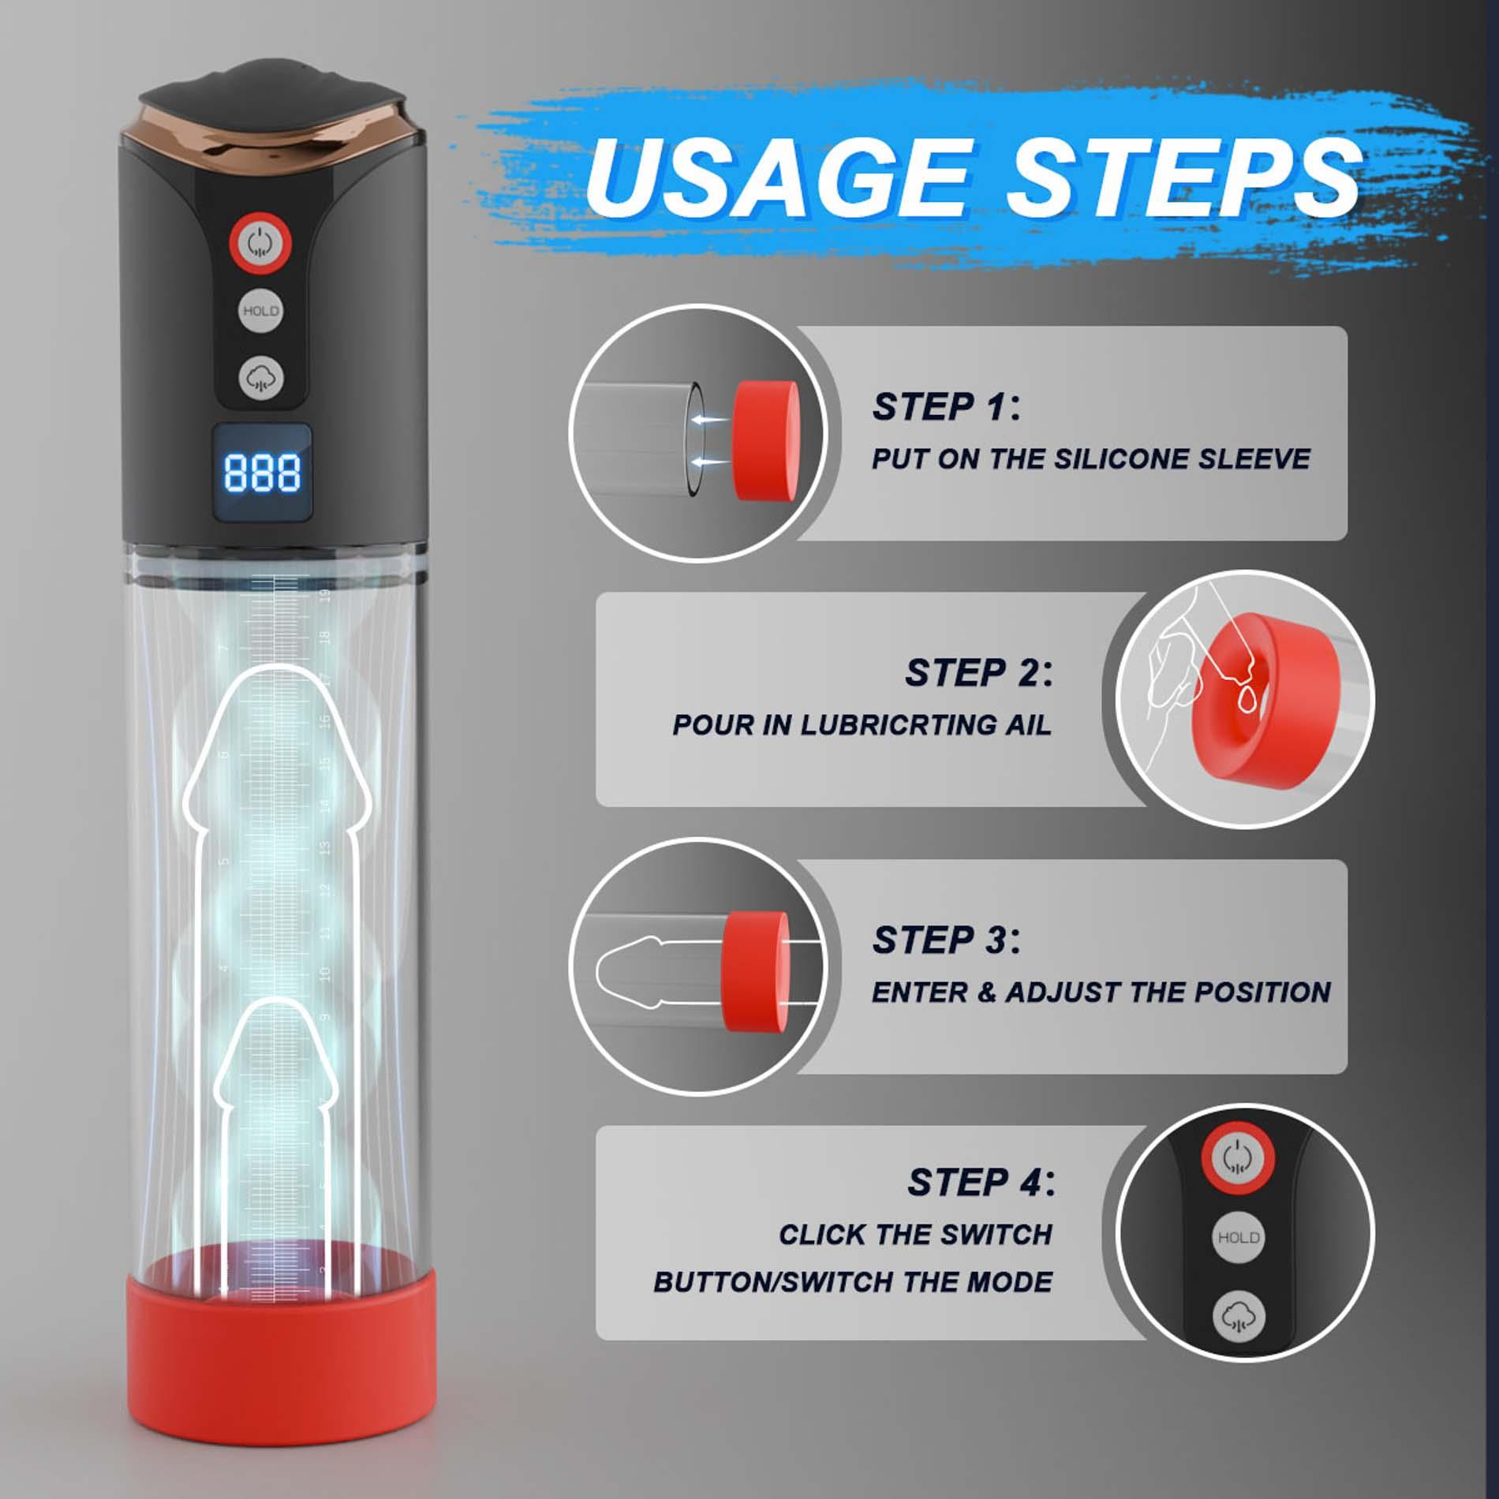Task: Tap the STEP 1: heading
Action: (x=945, y=407)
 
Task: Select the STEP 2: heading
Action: (x=978, y=673)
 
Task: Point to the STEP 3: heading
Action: (x=945, y=940)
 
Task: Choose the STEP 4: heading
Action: (x=981, y=1182)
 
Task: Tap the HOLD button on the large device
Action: (x=260, y=311)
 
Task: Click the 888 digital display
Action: (x=261, y=473)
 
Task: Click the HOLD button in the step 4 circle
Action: (x=1238, y=1237)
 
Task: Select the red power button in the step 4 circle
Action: (x=1238, y=1158)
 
